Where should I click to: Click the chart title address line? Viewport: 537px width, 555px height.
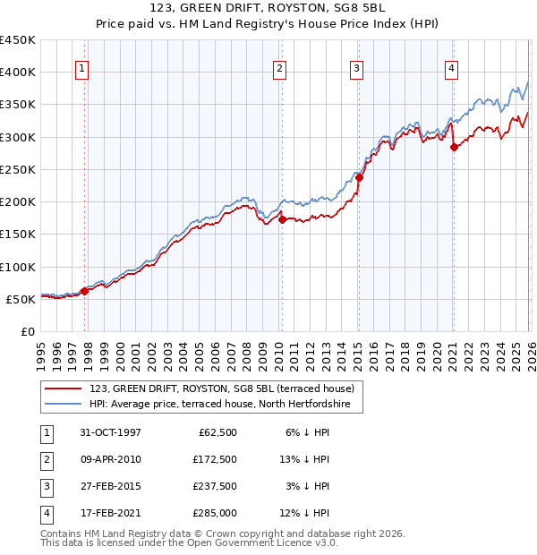point(268,8)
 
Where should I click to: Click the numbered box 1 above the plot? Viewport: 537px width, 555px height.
point(81,68)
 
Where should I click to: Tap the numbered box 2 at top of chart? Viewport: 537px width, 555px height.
point(279,68)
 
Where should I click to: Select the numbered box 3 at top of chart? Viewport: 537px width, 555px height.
point(356,68)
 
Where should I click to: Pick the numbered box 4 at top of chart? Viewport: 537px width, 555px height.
point(452,68)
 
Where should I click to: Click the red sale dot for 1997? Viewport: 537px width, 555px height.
point(85,290)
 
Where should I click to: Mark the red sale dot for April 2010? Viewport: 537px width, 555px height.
point(281,218)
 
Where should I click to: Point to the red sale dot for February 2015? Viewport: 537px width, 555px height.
point(358,177)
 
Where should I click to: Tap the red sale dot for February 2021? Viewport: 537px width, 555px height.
point(453,147)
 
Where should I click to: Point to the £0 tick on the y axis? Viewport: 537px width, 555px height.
point(27,331)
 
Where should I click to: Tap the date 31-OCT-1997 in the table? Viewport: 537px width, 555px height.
point(110,432)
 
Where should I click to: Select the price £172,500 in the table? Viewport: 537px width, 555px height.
point(214,459)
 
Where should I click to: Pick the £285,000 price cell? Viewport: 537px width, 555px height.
point(214,513)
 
